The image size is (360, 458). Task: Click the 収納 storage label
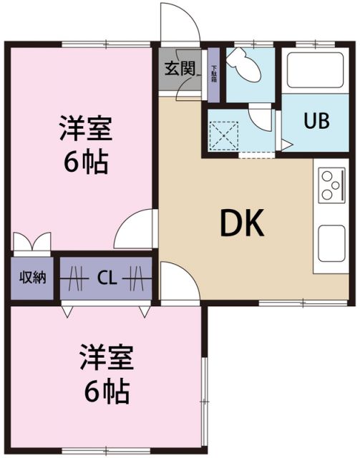click(x=33, y=277)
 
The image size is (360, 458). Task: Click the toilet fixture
click(x=245, y=67)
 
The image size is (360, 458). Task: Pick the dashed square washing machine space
click(x=225, y=133)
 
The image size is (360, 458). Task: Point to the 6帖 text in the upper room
click(x=86, y=163)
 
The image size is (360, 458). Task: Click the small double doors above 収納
click(x=31, y=240)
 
